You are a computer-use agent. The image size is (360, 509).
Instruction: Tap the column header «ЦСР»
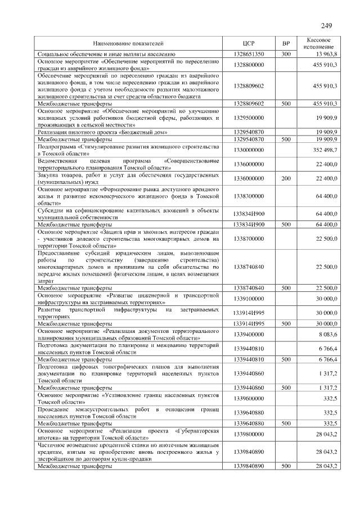249,43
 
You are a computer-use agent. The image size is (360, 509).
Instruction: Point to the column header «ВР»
286,43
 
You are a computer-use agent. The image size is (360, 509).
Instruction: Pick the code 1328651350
249,54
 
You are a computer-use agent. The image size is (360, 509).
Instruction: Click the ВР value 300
286,54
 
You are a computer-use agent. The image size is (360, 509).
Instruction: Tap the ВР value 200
286,178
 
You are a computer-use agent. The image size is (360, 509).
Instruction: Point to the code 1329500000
249,118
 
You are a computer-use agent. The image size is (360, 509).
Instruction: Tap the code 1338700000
249,238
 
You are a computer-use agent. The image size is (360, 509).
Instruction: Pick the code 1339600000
249,398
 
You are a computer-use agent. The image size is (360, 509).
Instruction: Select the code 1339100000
249,298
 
